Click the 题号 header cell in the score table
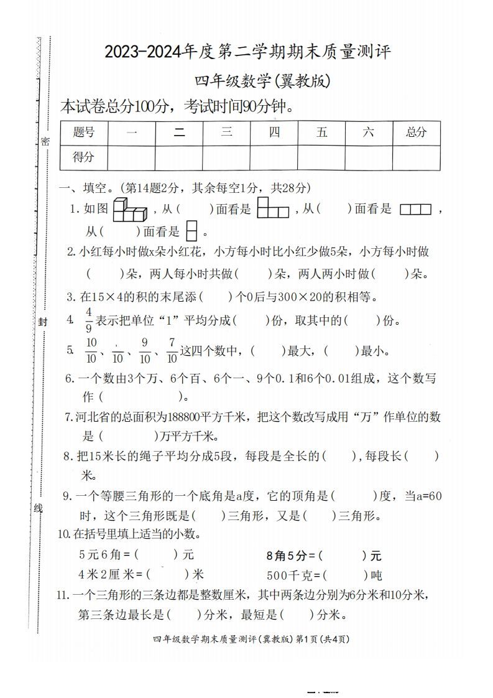84,133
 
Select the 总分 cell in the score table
416,133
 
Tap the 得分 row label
84,157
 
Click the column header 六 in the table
369,133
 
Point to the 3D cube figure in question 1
129,210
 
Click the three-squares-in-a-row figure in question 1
415,210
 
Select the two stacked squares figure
192,231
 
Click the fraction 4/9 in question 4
89,320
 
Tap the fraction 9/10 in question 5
145,350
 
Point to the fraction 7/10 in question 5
172,350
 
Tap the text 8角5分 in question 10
287,555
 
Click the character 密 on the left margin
45,141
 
